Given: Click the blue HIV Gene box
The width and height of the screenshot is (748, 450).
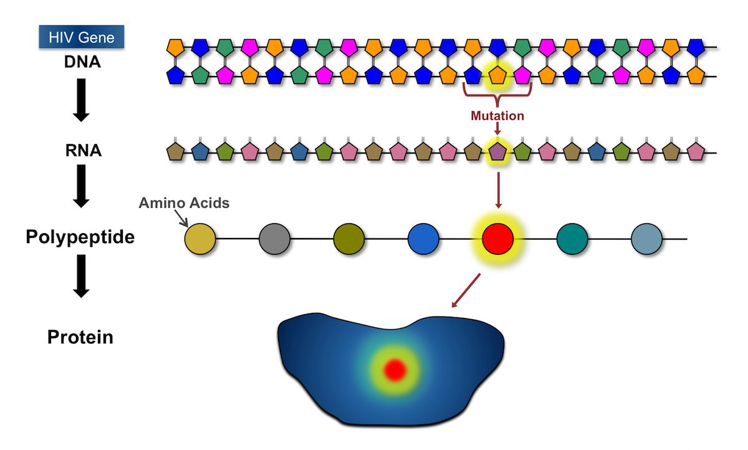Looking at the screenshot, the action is click(82, 37).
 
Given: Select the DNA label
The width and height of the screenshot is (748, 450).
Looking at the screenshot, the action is click(82, 62).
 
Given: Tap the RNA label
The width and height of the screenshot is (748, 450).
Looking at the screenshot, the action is click(83, 151).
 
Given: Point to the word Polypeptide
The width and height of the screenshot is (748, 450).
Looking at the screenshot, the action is click(80, 237).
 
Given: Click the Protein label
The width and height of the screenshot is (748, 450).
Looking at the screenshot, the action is click(80, 337).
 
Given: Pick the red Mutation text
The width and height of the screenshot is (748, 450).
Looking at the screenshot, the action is click(497, 116).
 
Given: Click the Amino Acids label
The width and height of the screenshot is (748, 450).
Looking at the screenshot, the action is click(184, 203).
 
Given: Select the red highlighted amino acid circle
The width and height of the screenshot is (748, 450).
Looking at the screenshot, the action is click(497, 239).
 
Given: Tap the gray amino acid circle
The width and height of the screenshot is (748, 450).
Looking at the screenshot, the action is click(274, 239).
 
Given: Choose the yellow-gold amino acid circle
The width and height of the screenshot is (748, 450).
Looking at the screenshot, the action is click(200, 239).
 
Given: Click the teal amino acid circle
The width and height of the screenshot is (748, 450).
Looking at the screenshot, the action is click(572, 239).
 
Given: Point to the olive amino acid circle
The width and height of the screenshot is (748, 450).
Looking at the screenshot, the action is click(349, 239).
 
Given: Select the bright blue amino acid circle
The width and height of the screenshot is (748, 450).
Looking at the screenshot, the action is click(423, 239).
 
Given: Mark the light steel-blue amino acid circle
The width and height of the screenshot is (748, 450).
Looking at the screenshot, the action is click(646, 239).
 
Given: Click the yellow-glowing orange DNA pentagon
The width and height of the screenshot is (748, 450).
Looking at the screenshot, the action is click(497, 75).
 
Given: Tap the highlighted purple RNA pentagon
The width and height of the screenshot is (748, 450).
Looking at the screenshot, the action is click(497, 151).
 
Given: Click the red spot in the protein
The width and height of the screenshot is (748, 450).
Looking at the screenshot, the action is click(395, 370).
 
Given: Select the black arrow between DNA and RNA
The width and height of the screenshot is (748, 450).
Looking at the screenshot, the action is click(81, 100).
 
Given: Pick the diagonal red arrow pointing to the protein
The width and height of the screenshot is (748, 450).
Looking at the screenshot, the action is click(466, 290).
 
